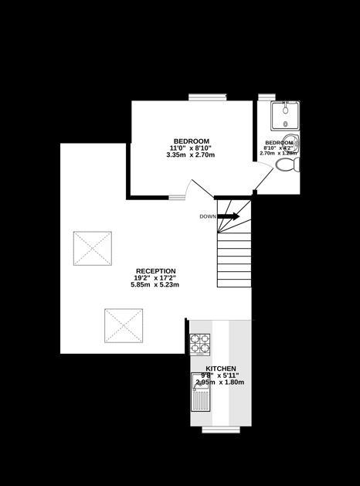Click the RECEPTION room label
155,271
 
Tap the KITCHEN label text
221,369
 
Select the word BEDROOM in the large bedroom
192,141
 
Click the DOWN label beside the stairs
207,216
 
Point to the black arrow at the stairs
228,216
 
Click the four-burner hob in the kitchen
200,342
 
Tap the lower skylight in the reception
124,326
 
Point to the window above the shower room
267,97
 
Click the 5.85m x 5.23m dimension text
155,285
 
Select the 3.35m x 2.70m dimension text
191,155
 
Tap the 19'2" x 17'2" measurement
155,278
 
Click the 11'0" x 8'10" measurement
191,148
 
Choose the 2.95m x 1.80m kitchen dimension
220,382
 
